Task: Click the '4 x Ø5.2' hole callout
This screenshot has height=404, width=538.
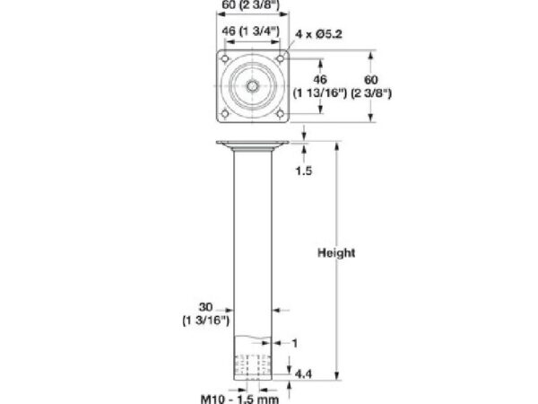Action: click(318, 34)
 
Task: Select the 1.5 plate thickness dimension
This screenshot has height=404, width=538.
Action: click(304, 171)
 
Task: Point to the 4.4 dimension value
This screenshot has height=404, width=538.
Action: click(303, 373)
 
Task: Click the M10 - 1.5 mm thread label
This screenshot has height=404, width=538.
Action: click(239, 400)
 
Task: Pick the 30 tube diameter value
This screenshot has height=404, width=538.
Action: click(205, 307)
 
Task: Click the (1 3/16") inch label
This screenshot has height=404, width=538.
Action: click(205, 321)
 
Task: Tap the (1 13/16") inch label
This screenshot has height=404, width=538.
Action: click(320, 93)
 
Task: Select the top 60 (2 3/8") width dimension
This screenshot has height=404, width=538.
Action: click(250, 4)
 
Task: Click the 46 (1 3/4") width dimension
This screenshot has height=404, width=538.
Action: click(250, 31)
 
